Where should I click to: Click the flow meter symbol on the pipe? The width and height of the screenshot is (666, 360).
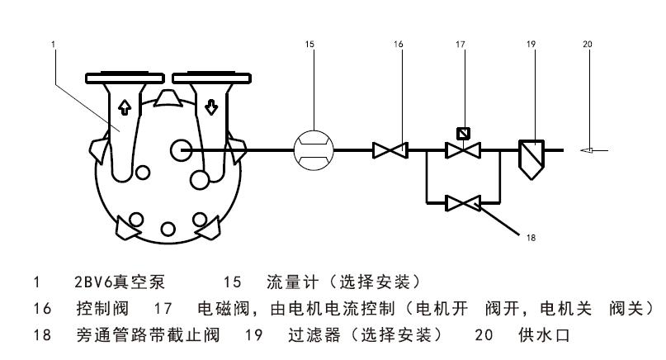tap(314, 150)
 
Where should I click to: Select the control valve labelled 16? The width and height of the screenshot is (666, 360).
tap(387, 150)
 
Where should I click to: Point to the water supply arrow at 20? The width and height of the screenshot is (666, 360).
tap(593, 150)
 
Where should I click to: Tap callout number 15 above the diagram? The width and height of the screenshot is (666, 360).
tap(309, 43)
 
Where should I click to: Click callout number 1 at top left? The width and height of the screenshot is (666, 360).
tap(52, 43)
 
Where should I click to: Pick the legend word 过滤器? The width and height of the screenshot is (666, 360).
tap(309, 336)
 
